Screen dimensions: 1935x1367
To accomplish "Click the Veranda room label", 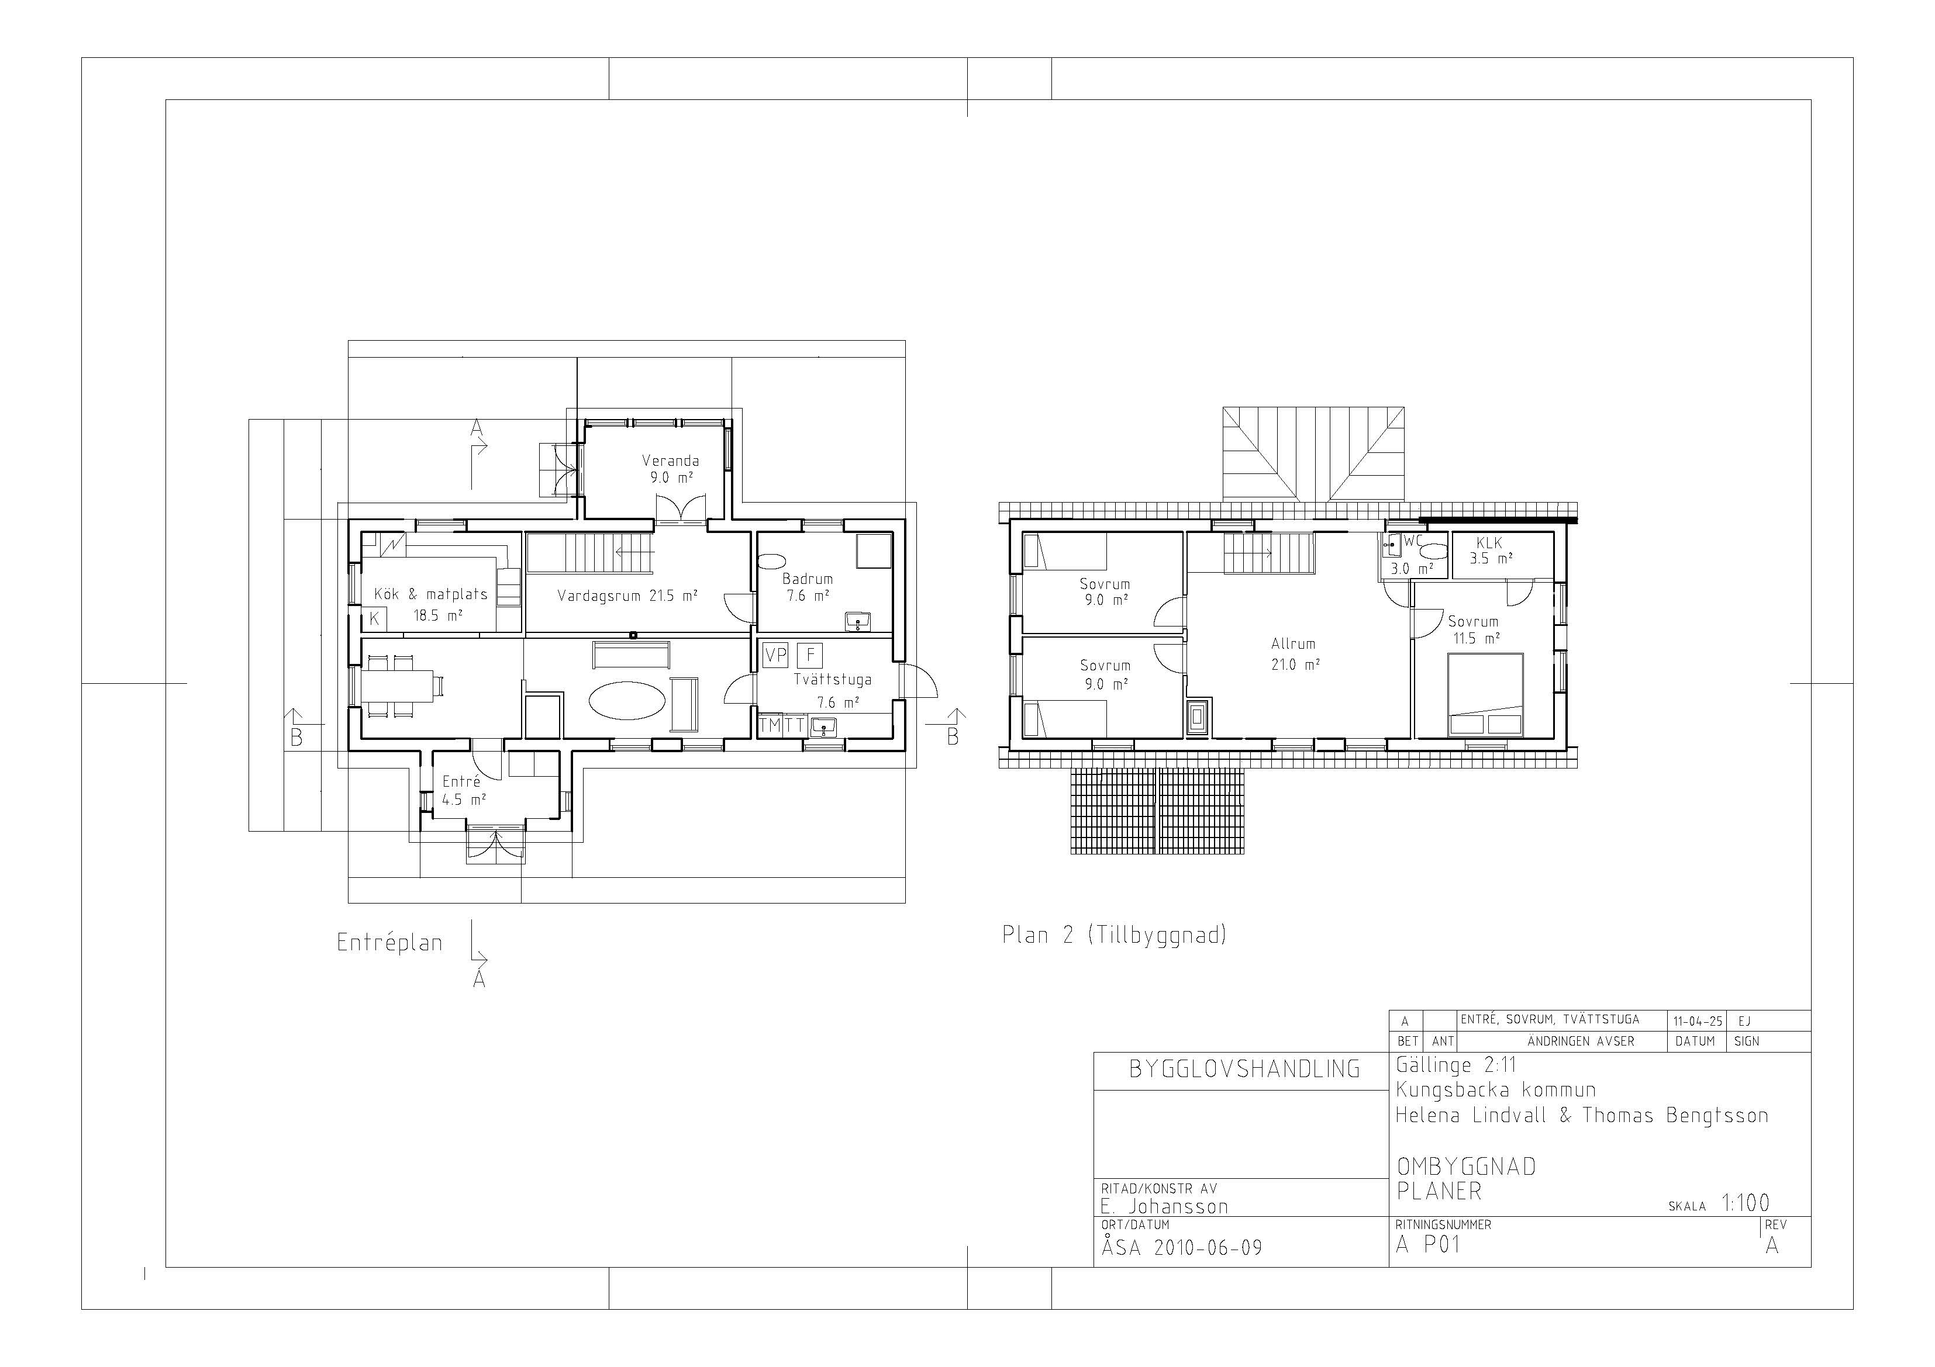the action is click(x=670, y=461).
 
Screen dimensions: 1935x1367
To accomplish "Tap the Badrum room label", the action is click(x=808, y=579).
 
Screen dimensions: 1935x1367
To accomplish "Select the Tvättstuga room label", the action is click(x=833, y=680).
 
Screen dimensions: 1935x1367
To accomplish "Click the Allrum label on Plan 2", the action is click(x=1294, y=644).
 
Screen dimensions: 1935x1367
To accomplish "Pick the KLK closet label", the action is click(x=1489, y=544).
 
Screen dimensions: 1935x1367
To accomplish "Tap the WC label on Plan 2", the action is click(x=1413, y=541).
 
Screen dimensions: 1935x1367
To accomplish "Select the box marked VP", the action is click(x=775, y=655).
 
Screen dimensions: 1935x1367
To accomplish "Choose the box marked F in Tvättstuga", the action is click(x=810, y=655).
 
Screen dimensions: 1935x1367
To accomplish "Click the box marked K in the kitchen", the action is click(x=374, y=619).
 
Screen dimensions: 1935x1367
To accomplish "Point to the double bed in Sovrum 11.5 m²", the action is click(x=1485, y=695).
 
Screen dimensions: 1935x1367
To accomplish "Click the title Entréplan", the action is click(x=390, y=942).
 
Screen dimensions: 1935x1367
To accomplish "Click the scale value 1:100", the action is click(x=1746, y=1203).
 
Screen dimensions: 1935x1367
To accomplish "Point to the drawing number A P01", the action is click(x=1427, y=1244).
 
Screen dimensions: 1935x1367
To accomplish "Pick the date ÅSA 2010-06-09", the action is click(x=1182, y=1247).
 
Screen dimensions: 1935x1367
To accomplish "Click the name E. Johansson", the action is click(x=1164, y=1206).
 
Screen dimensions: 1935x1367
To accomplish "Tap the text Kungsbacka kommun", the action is click(x=1496, y=1090).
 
